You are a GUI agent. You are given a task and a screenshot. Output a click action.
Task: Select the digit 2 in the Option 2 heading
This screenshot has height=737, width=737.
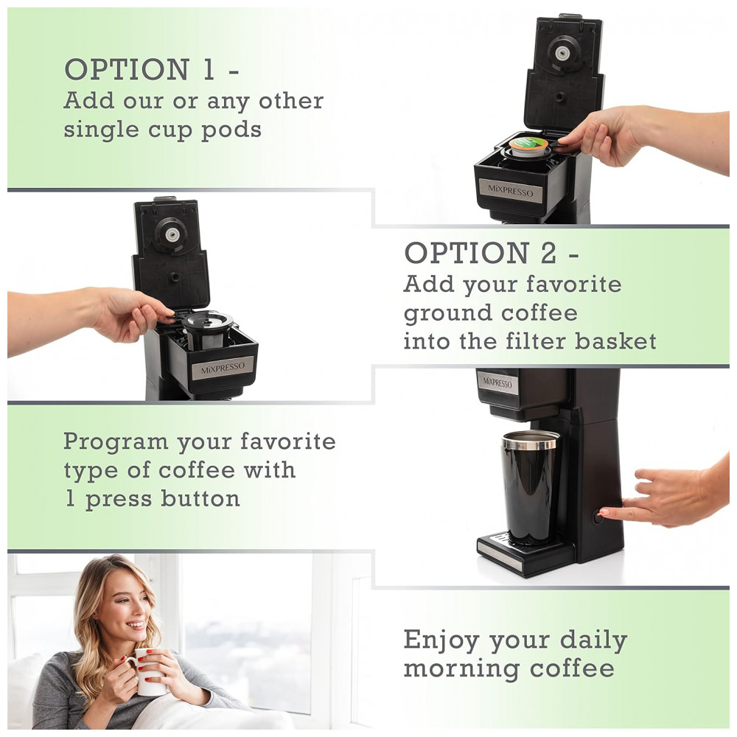[548, 253]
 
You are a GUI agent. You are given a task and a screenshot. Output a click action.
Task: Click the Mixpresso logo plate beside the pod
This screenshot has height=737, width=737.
[511, 190]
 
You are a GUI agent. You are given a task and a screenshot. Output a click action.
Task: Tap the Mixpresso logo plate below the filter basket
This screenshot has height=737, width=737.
[223, 368]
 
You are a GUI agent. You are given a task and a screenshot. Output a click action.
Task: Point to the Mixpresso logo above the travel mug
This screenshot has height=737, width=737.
[497, 383]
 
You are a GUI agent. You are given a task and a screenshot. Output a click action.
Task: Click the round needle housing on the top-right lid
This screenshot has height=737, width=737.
[560, 54]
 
